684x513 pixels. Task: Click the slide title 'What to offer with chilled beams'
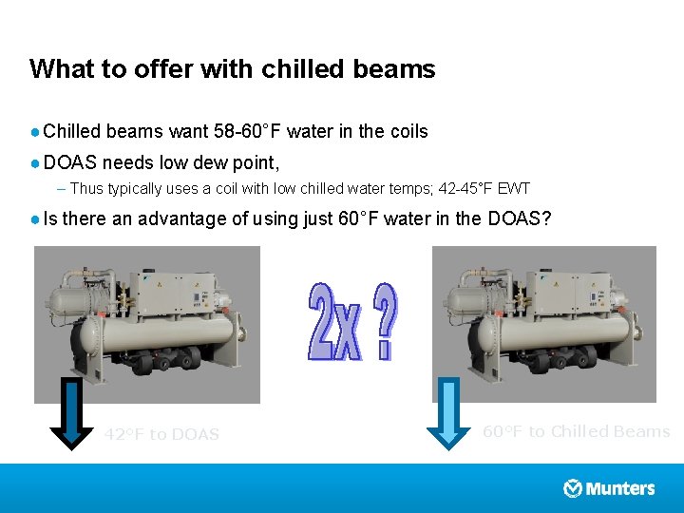[232, 69]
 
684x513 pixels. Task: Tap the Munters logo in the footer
[609, 488]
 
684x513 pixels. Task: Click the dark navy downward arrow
[71, 412]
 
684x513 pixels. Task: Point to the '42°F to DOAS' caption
[161, 434]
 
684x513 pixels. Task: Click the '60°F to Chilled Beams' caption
[576, 431]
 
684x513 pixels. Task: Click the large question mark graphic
[385, 323]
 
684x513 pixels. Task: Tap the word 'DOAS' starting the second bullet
[70, 161]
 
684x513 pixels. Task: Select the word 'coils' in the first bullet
[407, 131]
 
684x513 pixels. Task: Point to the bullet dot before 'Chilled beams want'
[35, 132]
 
